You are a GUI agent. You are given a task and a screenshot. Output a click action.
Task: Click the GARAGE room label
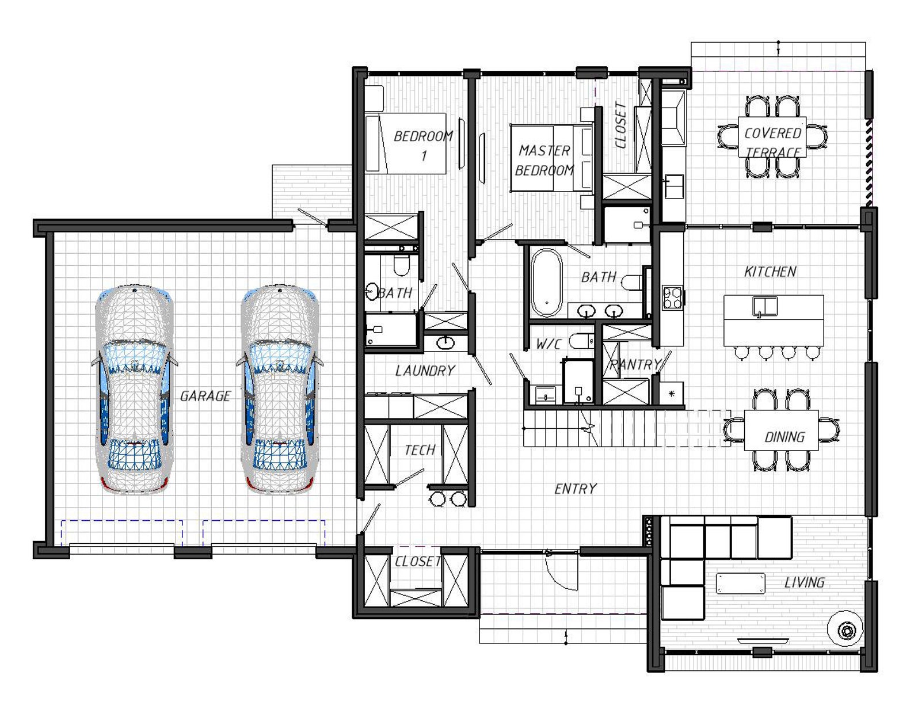[x=205, y=395]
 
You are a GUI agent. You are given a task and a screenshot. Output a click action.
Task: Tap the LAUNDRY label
[x=425, y=371]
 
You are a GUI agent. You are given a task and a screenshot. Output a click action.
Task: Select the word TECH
[x=420, y=450]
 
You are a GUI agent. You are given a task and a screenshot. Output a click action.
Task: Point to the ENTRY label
[x=576, y=489]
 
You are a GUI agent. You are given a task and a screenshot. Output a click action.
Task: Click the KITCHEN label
[x=770, y=272]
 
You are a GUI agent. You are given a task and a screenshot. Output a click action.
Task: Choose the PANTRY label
[x=635, y=364]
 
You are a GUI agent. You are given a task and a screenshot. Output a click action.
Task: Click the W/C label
[x=549, y=344]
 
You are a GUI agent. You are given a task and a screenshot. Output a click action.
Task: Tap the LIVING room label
[x=804, y=582]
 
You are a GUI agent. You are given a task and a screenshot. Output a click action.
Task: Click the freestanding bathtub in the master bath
[x=546, y=283]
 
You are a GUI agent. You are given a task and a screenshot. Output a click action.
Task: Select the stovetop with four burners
[x=672, y=297]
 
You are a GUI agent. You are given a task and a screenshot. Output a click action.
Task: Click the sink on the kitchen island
[x=765, y=307]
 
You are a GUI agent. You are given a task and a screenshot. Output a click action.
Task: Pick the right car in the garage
[x=279, y=389]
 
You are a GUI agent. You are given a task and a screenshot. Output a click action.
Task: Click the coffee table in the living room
[x=740, y=583]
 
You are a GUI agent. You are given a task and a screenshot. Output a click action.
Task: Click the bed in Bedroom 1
[x=405, y=143]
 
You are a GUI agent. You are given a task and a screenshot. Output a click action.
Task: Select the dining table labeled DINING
[x=781, y=430]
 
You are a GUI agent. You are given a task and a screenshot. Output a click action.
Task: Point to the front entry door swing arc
[x=563, y=579]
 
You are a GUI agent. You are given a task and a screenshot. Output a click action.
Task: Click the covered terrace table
[x=772, y=137]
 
